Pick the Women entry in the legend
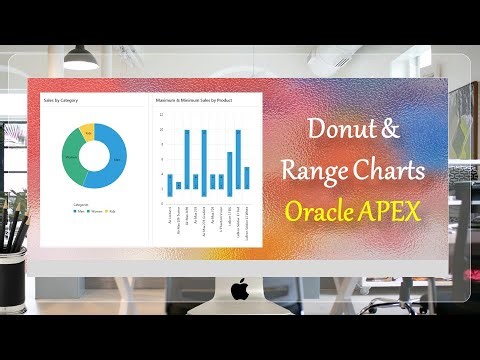97,211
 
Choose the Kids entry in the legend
112,211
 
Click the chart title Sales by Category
61,101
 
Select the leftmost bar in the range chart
169,184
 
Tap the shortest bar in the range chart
179,184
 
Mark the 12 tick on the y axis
162,114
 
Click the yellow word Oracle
322,211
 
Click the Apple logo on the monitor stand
239,290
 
